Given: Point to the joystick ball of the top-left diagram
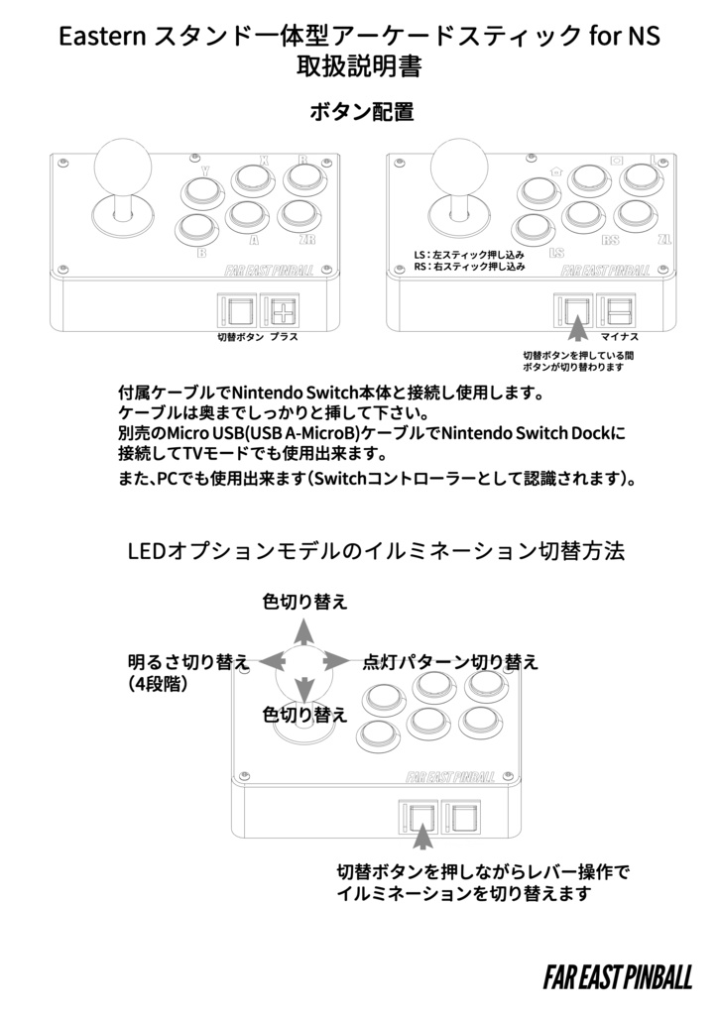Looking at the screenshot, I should pos(120,158).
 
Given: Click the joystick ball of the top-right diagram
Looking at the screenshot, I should pos(457,158).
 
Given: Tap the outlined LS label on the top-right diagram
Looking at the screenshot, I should pos(556,253).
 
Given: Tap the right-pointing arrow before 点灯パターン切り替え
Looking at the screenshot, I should pos(337,660).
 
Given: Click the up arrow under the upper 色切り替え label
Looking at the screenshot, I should pos(305,632).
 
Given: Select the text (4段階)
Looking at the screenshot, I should pos(159,684).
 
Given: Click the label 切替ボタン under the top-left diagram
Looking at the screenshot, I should pos(239,337).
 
